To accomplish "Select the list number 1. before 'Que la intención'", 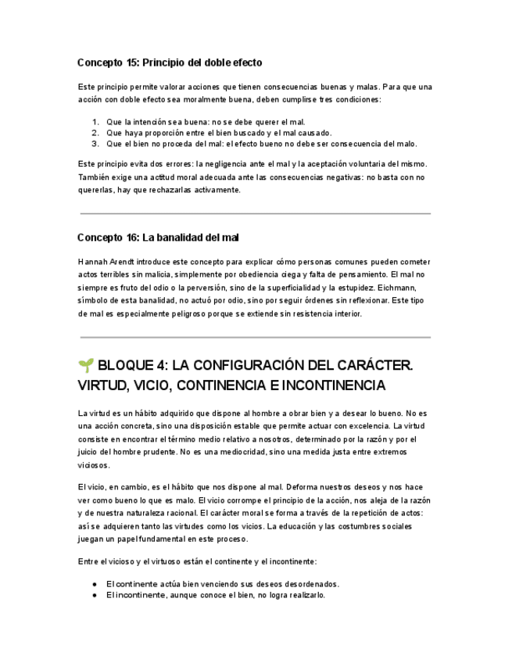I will pyautogui.click(x=95, y=122).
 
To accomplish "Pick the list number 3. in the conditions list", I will pyautogui.click(x=95, y=143).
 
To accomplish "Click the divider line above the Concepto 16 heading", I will pyautogui.click(x=255, y=213).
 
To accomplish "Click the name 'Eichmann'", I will pyautogui.click(x=406, y=288).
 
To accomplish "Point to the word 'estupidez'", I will pyautogui.click(x=374, y=288).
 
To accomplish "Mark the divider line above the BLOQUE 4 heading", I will pyautogui.click(x=255, y=338).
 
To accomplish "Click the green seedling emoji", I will pyautogui.click(x=86, y=365).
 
